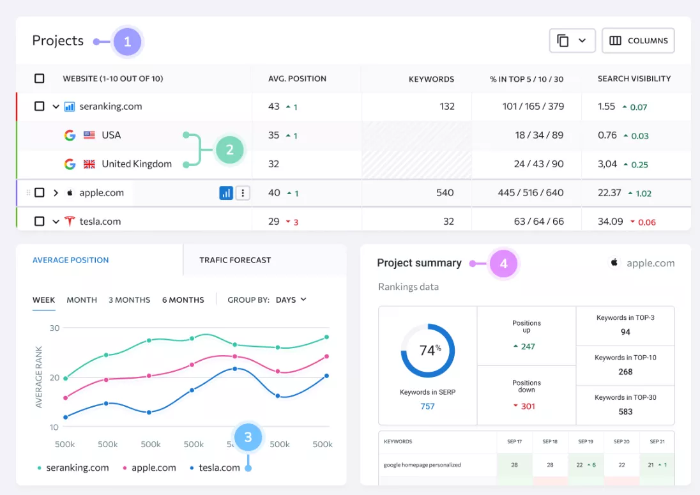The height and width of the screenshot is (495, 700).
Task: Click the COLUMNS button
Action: (638, 41)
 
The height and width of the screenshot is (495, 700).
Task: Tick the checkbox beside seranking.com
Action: (40, 106)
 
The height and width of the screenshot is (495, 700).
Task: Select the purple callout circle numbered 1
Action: (127, 42)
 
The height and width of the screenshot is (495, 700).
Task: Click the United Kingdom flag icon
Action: (89, 164)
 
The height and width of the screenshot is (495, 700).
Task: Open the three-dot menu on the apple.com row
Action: (243, 193)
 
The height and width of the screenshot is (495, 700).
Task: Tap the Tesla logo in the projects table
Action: (70, 222)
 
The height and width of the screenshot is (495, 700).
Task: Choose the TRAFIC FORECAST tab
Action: (235, 260)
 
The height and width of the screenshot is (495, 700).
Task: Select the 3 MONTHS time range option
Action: (130, 300)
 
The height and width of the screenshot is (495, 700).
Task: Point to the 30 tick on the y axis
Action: (54, 328)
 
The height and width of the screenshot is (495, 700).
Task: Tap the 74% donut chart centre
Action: (428, 351)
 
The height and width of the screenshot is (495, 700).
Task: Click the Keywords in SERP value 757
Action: (427, 406)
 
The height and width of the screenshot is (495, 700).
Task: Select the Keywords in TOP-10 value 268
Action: (625, 372)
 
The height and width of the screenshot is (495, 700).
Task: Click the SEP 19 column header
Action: (585, 441)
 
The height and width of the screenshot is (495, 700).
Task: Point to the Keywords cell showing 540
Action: (445, 193)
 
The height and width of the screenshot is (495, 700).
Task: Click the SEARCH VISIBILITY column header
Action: (634, 79)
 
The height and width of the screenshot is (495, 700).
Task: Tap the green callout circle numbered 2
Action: (229, 149)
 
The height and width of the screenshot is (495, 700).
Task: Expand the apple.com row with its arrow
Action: (56, 193)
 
